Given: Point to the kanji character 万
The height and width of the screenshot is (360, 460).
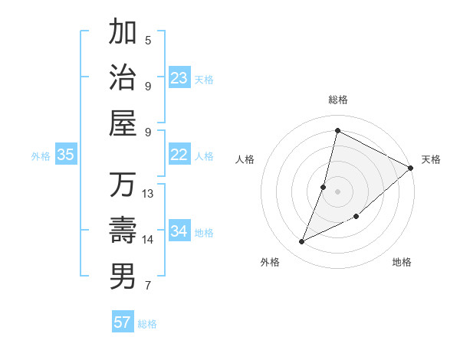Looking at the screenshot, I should tap(123, 185).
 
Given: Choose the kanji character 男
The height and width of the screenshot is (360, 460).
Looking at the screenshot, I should tap(123, 276).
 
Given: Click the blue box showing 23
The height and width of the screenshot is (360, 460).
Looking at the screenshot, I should tap(179, 78).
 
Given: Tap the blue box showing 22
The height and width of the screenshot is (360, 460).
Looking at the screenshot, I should tap(179, 155).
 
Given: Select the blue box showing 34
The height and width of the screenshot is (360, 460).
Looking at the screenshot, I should tap(179, 231).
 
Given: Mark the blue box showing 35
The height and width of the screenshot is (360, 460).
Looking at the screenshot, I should tap(65, 155).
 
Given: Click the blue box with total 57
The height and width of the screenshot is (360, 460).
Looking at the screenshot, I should tap(123, 322).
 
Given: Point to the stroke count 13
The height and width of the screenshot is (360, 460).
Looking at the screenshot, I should tap(148, 193).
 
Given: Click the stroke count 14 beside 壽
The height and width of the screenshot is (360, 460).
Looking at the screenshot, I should tap(148, 239).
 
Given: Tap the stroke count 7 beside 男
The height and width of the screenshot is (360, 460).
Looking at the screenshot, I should tap(148, 286).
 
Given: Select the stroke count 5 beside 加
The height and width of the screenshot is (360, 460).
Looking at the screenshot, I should tap(148, 40).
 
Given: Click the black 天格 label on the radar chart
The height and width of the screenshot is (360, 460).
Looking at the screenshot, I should tap(431, 159).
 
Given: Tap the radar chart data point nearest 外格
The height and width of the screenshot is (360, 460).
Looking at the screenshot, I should tap(301, 242).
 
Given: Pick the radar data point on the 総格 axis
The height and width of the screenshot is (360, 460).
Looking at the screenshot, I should tap(337, 130).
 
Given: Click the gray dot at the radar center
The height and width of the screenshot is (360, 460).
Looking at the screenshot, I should tap(337, 191).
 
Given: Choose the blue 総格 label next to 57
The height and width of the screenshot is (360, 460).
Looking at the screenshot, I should tap(147, 324).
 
